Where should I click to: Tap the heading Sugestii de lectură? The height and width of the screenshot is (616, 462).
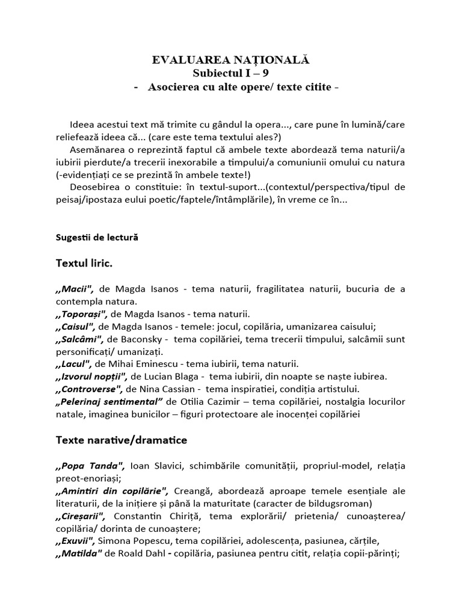[96, 237]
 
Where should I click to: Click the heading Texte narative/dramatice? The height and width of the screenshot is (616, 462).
[121, 440]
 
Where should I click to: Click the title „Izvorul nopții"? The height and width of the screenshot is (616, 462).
[91, 377]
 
